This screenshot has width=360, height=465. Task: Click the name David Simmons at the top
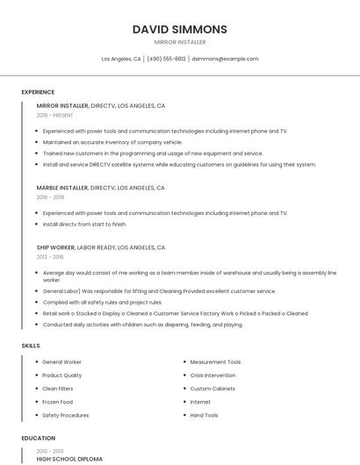[x=179, y=29]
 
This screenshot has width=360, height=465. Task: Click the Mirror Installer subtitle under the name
[x=179, y=42]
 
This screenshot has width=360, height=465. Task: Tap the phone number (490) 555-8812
[x=166, y=59]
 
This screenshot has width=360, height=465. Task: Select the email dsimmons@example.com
[x=225, y=59]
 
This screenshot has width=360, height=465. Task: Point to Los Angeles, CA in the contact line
[x=121, y=59]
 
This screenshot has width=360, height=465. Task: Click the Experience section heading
[x=38, y=92]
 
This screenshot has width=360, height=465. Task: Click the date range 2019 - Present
[x=54, y=115]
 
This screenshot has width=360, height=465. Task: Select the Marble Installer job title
[x=62, y=188]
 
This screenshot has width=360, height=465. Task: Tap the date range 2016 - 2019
[x=50, y=197]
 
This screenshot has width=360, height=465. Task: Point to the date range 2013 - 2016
[x=50, y=257]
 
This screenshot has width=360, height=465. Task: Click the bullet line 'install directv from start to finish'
[x=83, y=224]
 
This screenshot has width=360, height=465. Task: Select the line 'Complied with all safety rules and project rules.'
[x=102, y=302]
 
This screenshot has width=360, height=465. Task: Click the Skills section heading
[x=31, y=346]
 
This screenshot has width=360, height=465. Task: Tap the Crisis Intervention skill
[x=212, y=375]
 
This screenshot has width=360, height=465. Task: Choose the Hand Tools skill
[x=204, y=415]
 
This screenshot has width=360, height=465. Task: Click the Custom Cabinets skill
[x=212, y=389]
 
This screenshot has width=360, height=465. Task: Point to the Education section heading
[x=39, y=438]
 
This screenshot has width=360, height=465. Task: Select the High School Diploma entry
[x=69, y=459]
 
